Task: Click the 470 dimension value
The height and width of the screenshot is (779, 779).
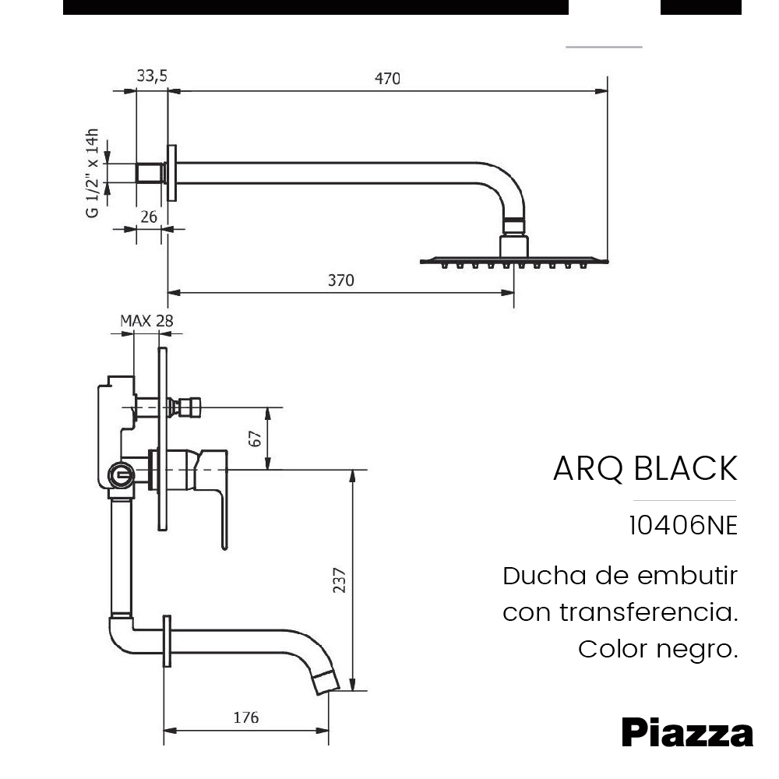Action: (x=387, y=79)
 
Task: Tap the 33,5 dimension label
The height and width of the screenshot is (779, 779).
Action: (x=152, y=76)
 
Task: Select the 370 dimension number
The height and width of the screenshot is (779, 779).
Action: (x=340, y=280)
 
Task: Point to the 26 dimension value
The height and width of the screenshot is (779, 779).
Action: (x=150, y=217)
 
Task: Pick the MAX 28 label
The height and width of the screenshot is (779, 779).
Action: (x=146, y=320)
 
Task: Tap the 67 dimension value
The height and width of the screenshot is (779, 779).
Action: (x=255, y=438)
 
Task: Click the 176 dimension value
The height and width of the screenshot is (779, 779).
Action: (x=246, y=718)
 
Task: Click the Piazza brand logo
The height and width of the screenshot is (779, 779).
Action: (x=687, y=733)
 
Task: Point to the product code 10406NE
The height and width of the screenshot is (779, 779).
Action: (x=682, y=526)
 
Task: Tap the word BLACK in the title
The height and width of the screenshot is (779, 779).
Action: (x=686, y=469)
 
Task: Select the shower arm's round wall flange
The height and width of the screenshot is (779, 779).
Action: (x=173, y=173)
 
